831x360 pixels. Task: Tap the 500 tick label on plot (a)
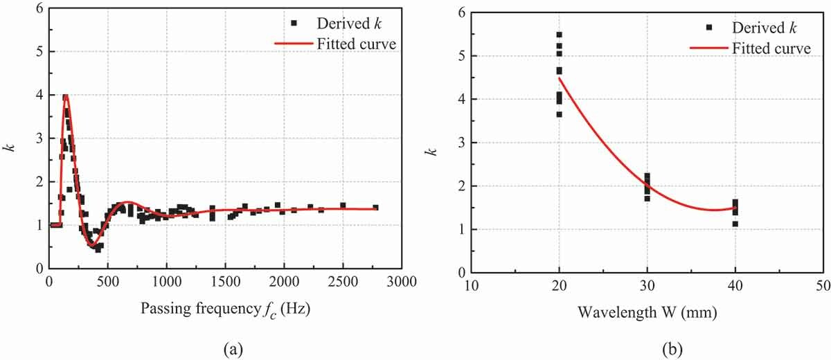(107, 282)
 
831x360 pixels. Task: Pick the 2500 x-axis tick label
(343, 282)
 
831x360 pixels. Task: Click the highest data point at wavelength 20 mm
(559, 34)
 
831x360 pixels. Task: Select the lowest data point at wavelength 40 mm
(735, 224)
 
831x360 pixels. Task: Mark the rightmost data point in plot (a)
(375, 207)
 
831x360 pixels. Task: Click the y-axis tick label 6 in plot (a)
(39, 8)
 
